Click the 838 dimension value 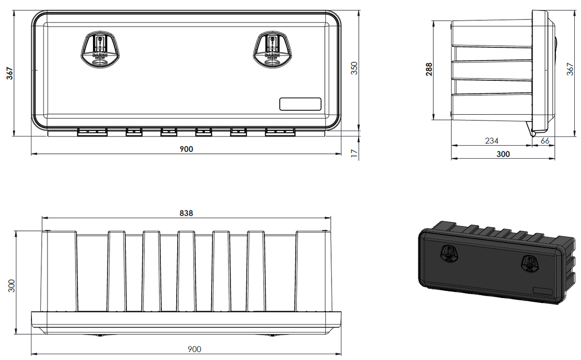186,213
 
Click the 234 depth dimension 491,141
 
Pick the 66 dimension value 545,141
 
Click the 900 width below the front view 186,149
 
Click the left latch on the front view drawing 100,50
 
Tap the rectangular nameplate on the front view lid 300,104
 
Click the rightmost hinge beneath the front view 280,132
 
